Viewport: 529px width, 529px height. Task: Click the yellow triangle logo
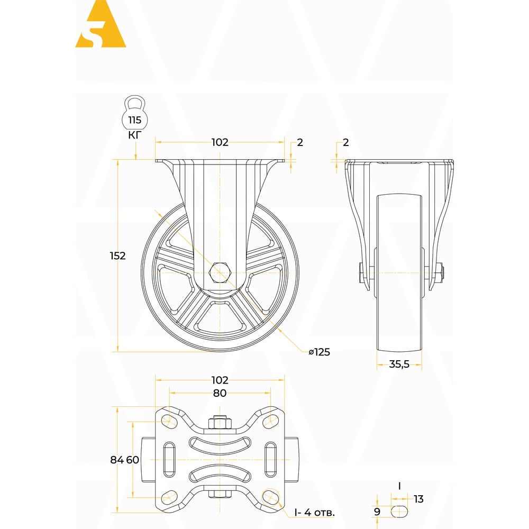coord(101,24)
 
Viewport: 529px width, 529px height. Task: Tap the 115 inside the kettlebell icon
coord(134,120)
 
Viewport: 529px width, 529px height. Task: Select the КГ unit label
coord(134,135)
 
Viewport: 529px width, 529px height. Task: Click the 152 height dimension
coord(118,256)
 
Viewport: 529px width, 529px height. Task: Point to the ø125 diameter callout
coord(320,352)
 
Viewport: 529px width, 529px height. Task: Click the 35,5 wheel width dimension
coord(399,364)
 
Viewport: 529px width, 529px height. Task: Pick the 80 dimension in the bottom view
coord(220,393)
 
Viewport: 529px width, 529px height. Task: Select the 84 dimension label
coord(117,460)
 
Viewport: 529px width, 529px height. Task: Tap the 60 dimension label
coord(133,460)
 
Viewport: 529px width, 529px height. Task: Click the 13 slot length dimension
coord(418,499)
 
